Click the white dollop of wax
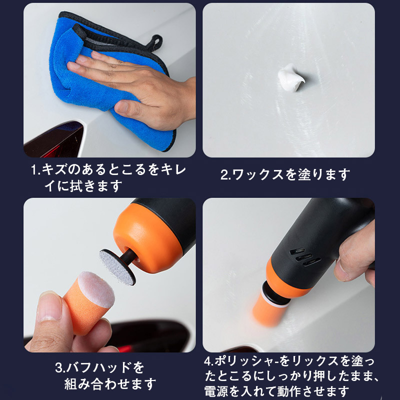[291, 78]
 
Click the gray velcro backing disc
[117, 267]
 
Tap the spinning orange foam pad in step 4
[268, 310]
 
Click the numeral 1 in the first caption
[34, 170]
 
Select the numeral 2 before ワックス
[224, 175]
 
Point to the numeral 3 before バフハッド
[59, 368]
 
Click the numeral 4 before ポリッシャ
[208, 361]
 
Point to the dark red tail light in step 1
[53, 140]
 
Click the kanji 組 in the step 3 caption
[70, 384]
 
